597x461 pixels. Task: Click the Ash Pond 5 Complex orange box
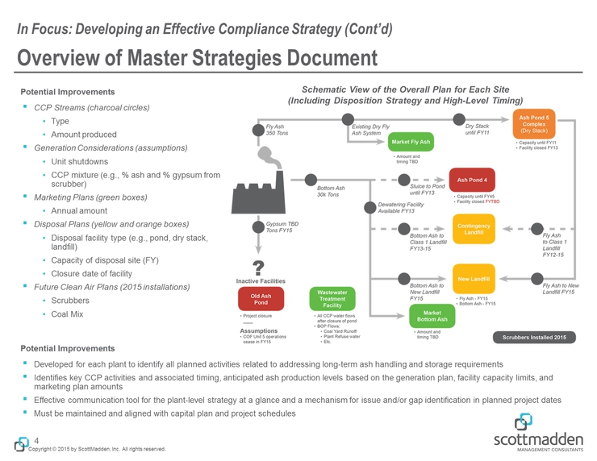(x=536, y=124)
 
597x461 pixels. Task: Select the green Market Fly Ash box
(x=411, y=143)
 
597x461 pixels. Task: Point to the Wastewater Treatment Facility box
(x=332, y=299)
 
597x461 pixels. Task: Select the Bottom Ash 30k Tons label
(x=322, y=192)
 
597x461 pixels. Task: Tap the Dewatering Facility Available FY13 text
(x=401, y=208)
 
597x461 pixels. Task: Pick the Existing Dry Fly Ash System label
(x=370, y=131)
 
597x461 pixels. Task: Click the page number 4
(x=37, y=440)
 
